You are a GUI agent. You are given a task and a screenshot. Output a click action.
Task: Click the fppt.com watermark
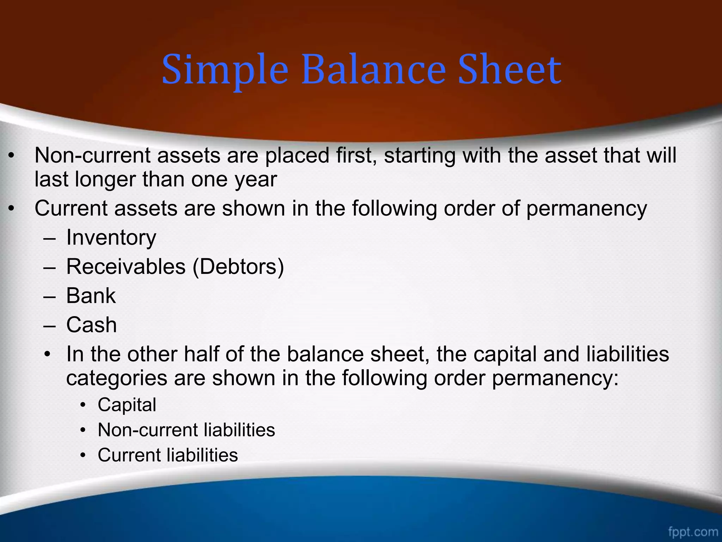pos(693,531)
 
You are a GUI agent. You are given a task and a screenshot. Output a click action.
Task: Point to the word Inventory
pos(111,237)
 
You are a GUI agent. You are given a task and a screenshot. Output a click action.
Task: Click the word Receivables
pos(126,266)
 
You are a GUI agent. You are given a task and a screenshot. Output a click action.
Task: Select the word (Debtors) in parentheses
pos(238,266)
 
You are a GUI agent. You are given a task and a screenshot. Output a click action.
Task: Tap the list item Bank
pos(91,296)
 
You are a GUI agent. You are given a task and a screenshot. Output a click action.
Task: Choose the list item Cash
pos(92,325)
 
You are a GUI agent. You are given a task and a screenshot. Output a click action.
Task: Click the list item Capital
pos(127,405)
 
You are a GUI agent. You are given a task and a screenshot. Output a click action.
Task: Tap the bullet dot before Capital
pos(83,405)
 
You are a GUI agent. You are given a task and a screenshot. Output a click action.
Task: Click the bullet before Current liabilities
pos(83,456)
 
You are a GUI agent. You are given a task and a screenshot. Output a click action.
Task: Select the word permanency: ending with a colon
pos(555,378)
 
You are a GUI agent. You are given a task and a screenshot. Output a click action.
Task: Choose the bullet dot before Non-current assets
pos(12,156)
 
